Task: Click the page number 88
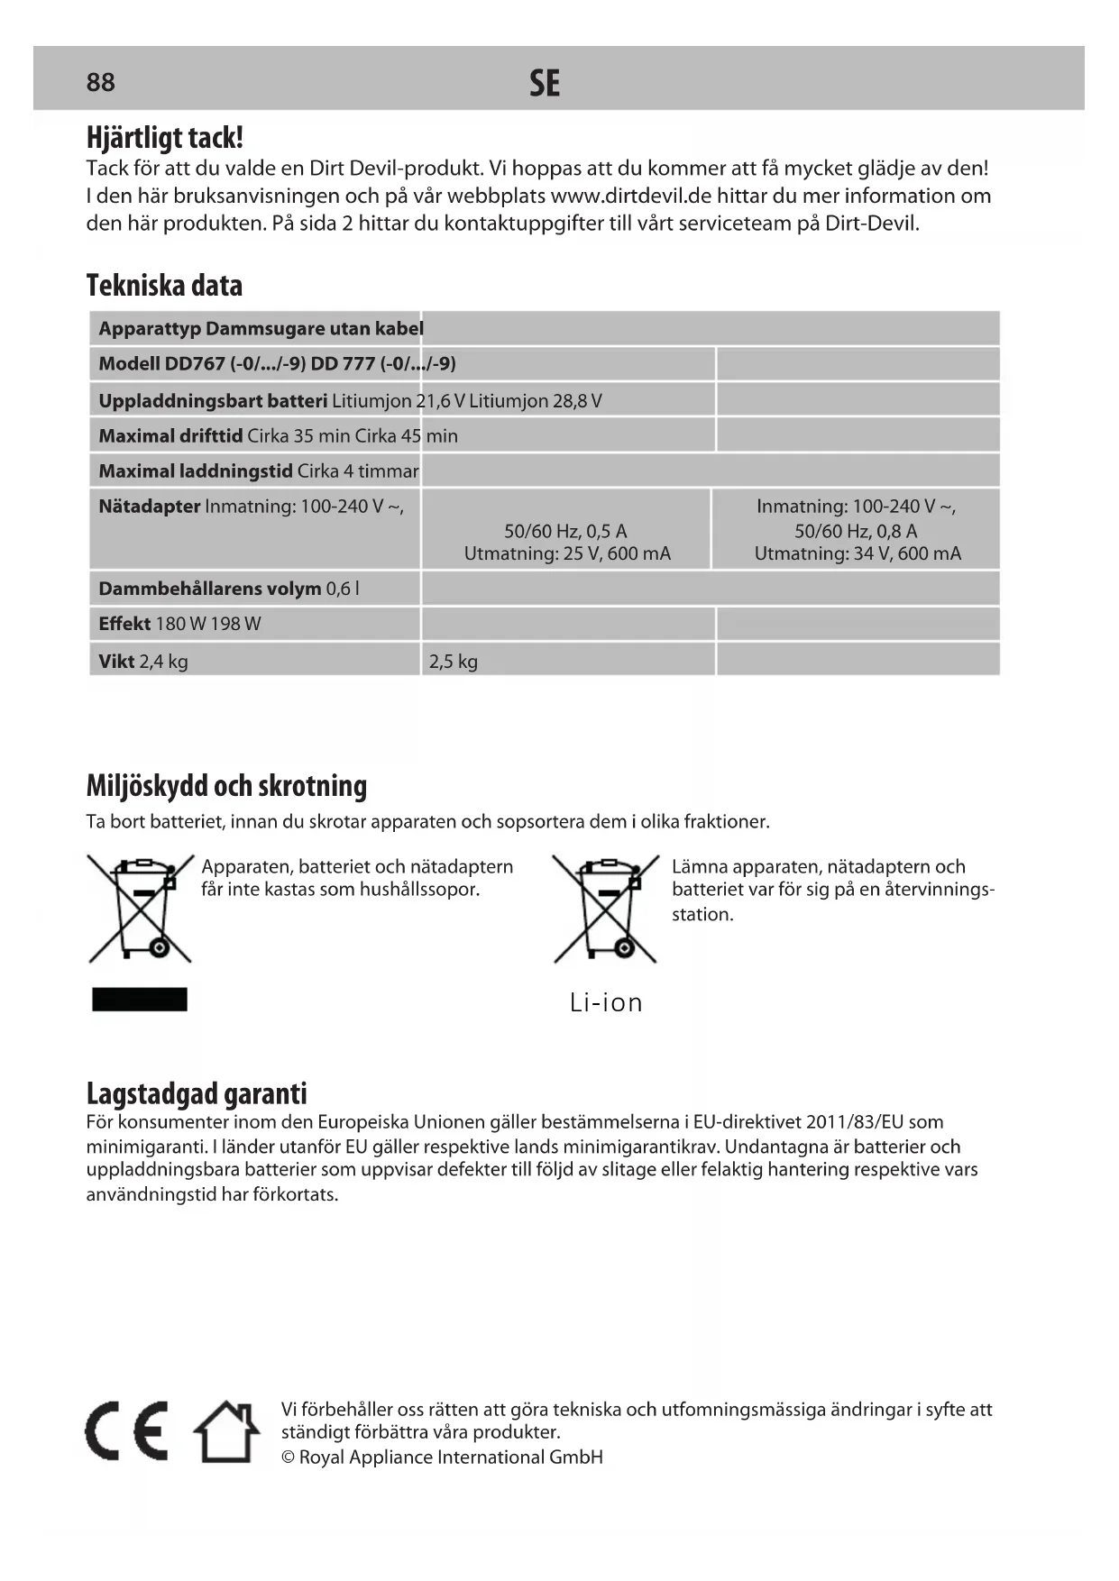[100, 82]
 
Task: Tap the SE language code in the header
[544, 84]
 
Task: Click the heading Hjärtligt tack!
[164, 138]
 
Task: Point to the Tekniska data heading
[164, 286]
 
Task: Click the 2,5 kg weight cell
[454, 662]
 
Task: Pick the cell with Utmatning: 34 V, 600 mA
[858, 553]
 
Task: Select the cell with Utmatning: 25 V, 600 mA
[567, 553]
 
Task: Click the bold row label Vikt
[116, 662]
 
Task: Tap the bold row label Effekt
[124, 624]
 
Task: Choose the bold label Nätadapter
[149, 507]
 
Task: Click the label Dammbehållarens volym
[209, 589]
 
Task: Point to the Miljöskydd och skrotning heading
[226, 786]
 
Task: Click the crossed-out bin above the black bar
[141, 908]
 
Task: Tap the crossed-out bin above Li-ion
[605, 908]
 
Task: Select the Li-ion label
[606, 1002]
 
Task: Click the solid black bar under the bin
[140, 1000]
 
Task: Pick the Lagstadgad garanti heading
[197, 1093]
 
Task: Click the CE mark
[127, 1431]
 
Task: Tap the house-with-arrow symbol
[226, 1431]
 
